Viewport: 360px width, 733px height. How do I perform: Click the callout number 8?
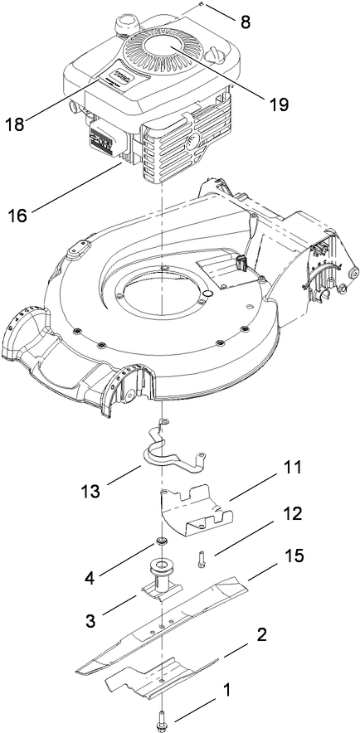246,22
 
